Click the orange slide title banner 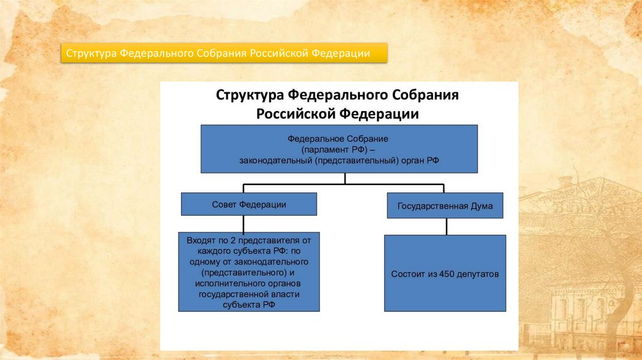(x=224, y=53)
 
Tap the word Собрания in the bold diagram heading (x=426, y=96)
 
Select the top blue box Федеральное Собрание (x=339, y=149)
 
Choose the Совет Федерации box (x=249, y=204)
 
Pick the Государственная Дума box (x=445, y=206)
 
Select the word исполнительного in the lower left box (x=223, y=283)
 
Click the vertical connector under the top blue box (x=345, y=178)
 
